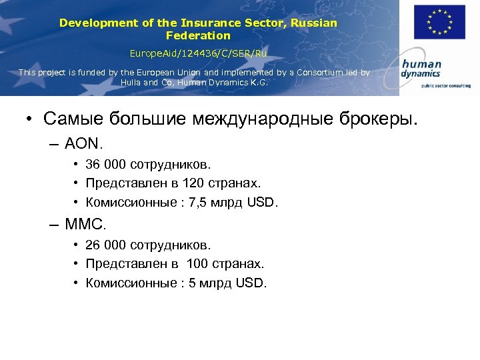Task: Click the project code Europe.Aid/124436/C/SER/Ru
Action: (198, 52)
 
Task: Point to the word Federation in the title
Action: (198, 35)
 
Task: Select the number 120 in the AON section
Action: (198, 183)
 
